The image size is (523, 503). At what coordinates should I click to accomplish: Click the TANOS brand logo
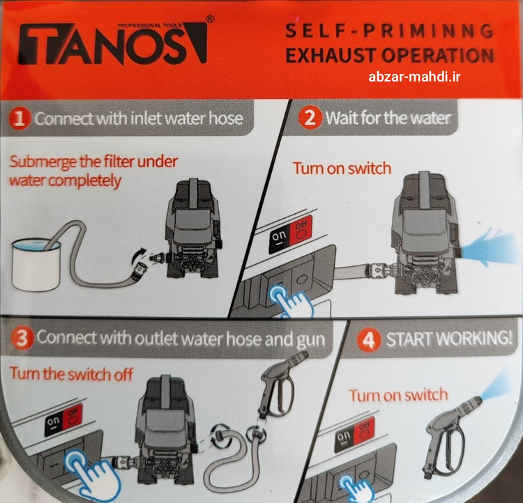click(113, 42)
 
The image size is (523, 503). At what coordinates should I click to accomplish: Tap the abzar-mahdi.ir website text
click(414, 77)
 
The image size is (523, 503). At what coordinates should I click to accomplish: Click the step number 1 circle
click(20, 118)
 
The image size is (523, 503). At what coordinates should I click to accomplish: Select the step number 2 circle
click(310, 118)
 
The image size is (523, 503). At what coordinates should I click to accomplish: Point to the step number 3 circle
click(22, 338)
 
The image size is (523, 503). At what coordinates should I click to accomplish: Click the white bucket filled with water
click(36, 264)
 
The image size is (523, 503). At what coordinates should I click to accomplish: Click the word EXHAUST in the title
click(331, 56)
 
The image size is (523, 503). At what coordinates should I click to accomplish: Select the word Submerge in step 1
click(43, 162)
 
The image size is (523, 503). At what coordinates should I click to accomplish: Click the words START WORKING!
click(448, 339)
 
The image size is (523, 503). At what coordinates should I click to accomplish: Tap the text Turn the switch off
click(71, 373)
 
